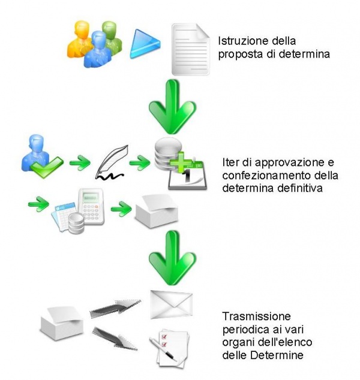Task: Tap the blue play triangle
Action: pyautogui.click(x=145, y=43)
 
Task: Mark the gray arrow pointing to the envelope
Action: pyautogui.click(x=114, y=309)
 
